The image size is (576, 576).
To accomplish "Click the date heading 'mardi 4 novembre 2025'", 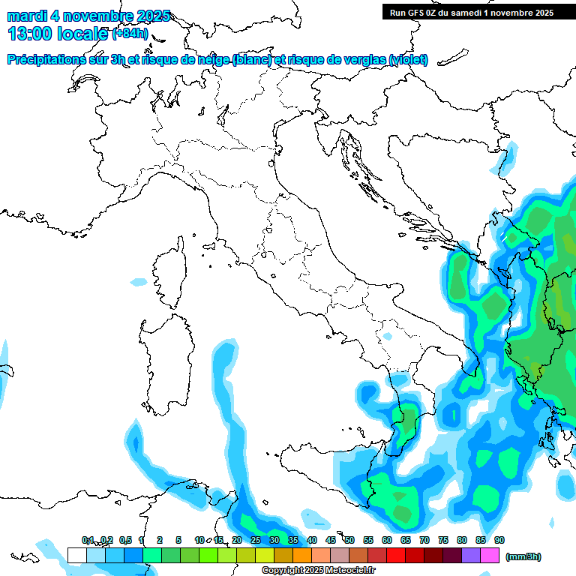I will pyautogui.click(x=89, y=16).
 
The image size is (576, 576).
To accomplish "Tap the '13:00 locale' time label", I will pyautogui.click(x=56, y=33).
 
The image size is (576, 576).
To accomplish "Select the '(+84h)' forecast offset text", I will pyautogui.click(x=130, y=33).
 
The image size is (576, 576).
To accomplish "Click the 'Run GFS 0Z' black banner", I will pyautogui.click(x=472, y=12).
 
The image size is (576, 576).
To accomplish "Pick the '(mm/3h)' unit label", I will pyautogui.click(x=523, y=556).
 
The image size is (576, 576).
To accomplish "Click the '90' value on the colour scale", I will pyautogui.click(x=499, y=541).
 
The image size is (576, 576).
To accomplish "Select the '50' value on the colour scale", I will pyautogui.click(x=349, y=541).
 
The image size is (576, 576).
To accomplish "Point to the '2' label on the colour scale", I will pyautogui.click(x=160, y=541).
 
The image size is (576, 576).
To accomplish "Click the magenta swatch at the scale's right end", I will pyautogui.click(x=490, y=555).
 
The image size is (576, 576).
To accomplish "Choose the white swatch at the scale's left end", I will pyautogui.click(x=76, y=555).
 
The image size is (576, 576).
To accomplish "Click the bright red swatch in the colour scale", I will pyautogui.click(x=396, y=555).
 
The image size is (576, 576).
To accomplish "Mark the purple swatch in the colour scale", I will pyautogui.click(x=471, y=555).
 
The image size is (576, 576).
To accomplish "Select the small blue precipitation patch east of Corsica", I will pyautogui.click(x=139, y=282).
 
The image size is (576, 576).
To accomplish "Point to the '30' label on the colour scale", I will pyautogui.click(x=274, y=541).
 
